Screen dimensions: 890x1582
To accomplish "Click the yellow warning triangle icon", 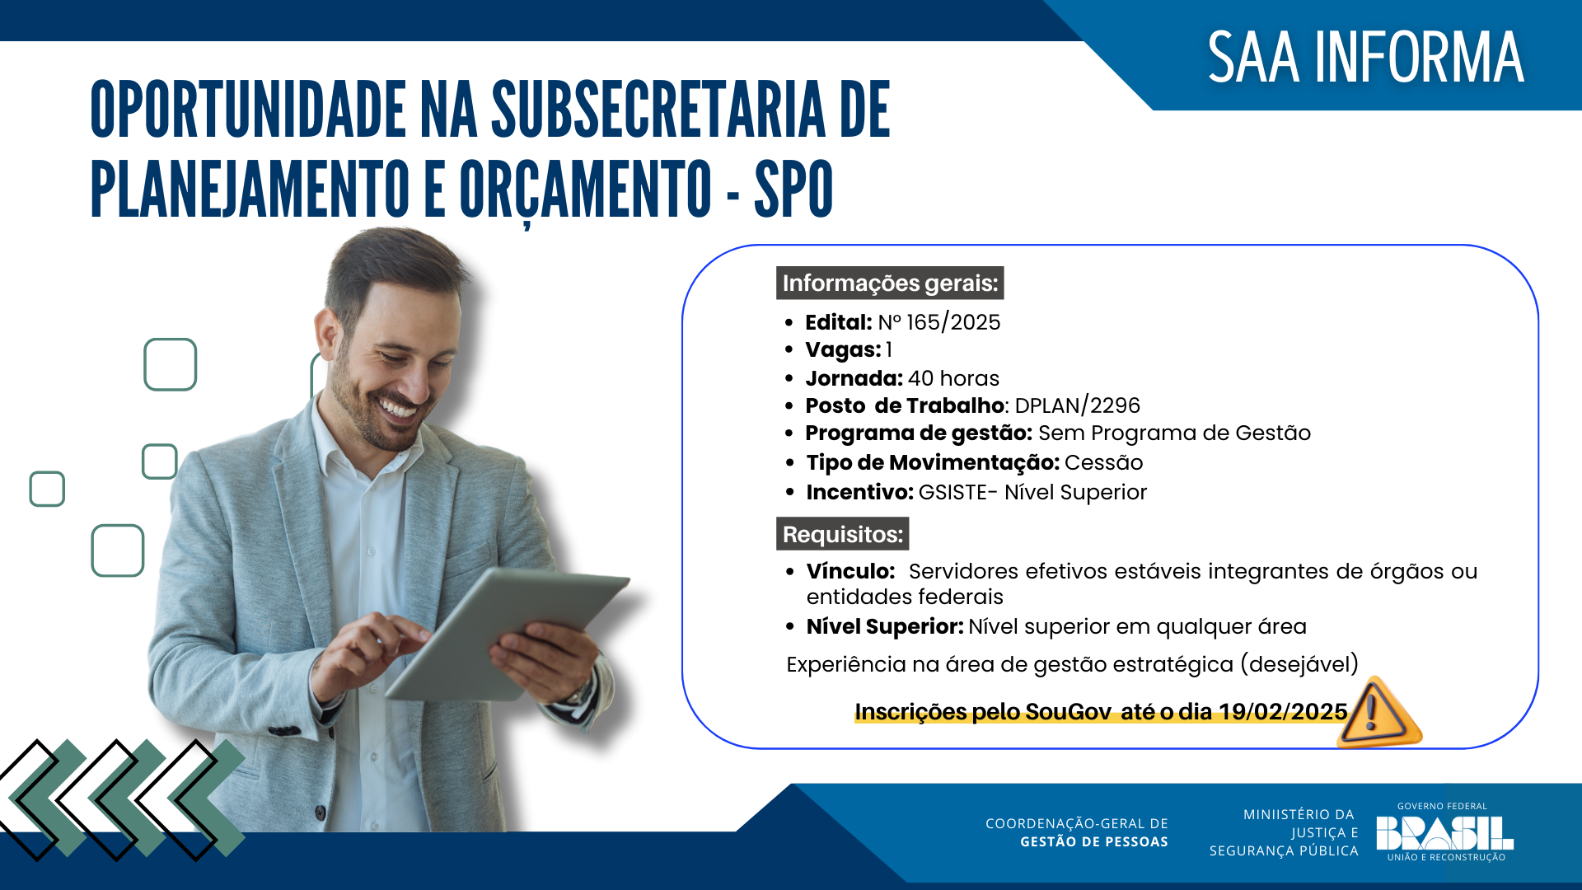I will click(1377, 713).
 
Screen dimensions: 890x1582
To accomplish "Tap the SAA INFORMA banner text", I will click(1365, 58).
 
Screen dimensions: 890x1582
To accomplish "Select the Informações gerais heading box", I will click(890, 283).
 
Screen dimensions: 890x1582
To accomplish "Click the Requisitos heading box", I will click(842, 534).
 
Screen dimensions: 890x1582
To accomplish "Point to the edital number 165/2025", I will click(952, 322).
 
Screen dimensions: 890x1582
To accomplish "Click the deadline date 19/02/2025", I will click(1283, 712).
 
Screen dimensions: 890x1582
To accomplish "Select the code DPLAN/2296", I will click(1078, 405).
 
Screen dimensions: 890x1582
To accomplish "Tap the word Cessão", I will click(1103, 462).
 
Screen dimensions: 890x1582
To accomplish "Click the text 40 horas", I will click(953, 378).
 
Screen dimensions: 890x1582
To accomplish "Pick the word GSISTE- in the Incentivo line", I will click(958, 492).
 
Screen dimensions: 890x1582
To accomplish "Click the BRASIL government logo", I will click(1444, 832).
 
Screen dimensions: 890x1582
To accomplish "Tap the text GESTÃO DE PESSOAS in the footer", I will click(1093, 842).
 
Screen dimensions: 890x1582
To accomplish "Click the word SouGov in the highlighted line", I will click(1069, 712).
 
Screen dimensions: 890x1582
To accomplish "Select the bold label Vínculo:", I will click(850, 571).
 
